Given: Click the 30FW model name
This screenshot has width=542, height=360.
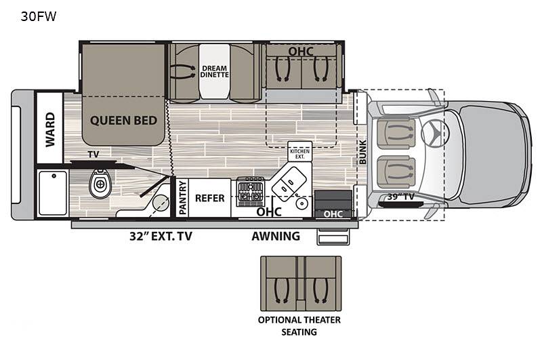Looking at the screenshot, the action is (x=39, y=16).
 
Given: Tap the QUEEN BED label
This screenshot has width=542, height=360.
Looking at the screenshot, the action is (x=123, y=121).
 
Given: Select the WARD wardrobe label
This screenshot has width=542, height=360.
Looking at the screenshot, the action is (x=50, y=129).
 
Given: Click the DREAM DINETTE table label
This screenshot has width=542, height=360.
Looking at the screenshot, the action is (x=214, y=71).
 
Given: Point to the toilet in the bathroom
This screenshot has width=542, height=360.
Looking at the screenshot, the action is (x=100, y=183).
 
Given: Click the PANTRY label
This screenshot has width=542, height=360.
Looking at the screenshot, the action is (x=182, y=197).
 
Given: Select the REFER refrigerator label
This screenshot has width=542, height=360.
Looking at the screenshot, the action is (x=210, y=198).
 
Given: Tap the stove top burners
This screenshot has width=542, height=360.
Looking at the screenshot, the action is (x=251, y=192).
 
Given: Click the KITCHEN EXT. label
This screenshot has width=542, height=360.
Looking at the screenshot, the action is (x=299, y=154).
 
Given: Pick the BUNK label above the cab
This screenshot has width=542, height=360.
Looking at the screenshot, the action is (x=362, y=152).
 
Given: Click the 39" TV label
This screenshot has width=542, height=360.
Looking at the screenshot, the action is (x=400, y=197).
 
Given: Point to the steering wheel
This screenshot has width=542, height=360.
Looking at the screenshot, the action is (x=435, y=133).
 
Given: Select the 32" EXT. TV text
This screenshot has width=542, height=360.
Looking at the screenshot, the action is (x=161, y=236).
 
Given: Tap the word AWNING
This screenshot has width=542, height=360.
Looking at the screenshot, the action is (x=276, y=236).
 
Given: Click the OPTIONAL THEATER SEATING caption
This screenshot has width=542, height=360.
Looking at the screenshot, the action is (x=299, y=326).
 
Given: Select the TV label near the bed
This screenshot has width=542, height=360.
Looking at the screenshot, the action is (x=93, y=154).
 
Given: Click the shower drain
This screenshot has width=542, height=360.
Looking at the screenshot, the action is (x=54, y=176).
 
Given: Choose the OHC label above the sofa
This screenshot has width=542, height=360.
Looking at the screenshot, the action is (x=301, y=52).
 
